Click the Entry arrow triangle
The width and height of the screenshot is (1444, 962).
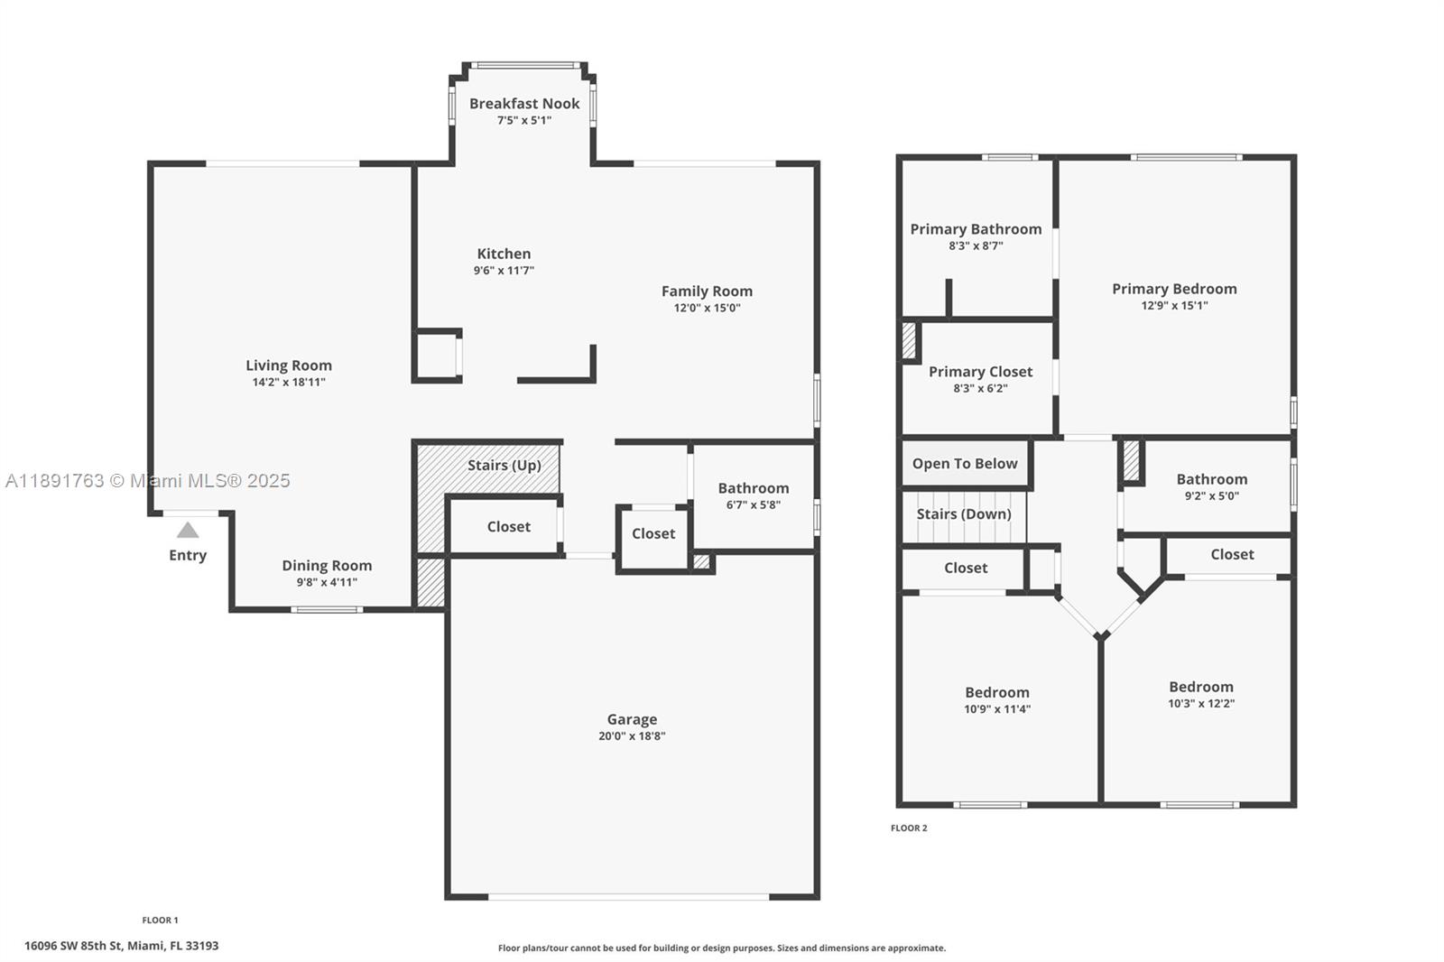click(x=187, y=530)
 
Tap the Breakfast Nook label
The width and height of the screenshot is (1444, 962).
click(x=524, y=104)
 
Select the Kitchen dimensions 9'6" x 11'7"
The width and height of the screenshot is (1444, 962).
click(x=504, y=271)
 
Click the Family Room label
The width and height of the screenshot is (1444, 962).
click(x=707, y=291)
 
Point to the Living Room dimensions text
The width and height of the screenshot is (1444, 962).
click(x=289, y=382)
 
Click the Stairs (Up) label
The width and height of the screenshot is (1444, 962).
click(x=504, y=465)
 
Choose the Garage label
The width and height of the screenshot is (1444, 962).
click(x=632, y=719)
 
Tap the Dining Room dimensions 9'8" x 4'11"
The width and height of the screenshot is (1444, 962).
click(x=327, y=582)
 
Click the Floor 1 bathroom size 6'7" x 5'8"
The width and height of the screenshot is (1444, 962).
click(x=753, y=504)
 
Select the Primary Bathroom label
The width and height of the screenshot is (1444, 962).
click(x=976, y=229)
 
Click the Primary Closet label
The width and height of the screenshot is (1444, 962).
click(x=980, y=372)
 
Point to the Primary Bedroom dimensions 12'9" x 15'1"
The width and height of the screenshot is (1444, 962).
click(x=1174, y=305)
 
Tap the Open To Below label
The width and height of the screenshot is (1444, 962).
click(x=964, y=464)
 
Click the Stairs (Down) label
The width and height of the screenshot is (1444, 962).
click(x=964, y=513)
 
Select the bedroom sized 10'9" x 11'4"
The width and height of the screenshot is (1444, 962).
click(x=997, y=700)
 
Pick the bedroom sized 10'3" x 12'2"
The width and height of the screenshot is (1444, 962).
click(x=1200, y=695)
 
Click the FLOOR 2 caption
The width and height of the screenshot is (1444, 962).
click(x=909, y=828)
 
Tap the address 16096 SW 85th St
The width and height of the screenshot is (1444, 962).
click(x=121, y=946)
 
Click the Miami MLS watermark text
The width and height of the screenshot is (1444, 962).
click(x=148, y=480)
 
